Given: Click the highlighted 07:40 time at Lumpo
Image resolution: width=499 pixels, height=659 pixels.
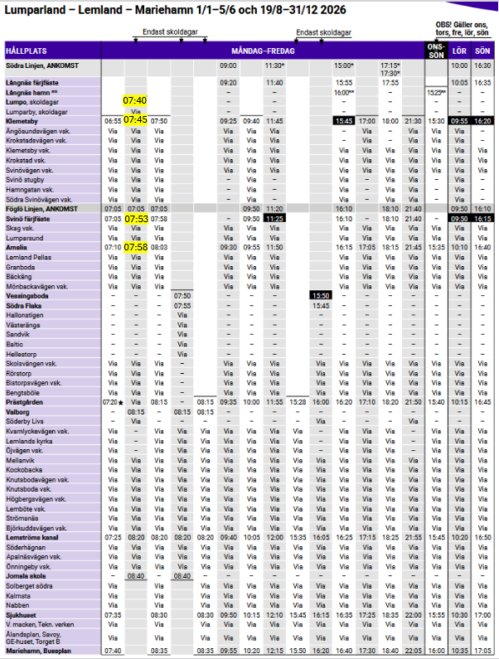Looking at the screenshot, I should (135, 100).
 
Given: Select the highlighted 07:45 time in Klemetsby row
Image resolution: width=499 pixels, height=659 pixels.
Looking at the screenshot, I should (135, 119).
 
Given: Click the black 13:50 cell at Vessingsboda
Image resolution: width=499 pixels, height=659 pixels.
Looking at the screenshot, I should (320, 295).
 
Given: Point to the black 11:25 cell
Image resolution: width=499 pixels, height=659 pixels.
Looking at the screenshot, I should (274, 218).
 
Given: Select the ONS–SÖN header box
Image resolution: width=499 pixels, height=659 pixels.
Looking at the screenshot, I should (435, 51).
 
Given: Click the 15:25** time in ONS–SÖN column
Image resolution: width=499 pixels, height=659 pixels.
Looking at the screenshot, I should (436, 93).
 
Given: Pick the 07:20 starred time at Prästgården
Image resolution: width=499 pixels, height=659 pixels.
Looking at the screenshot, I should (112, 402).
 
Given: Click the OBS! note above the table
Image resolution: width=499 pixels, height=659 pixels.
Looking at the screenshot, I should (461, 29).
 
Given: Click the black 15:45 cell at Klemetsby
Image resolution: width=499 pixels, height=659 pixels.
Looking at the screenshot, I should (343, 121).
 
